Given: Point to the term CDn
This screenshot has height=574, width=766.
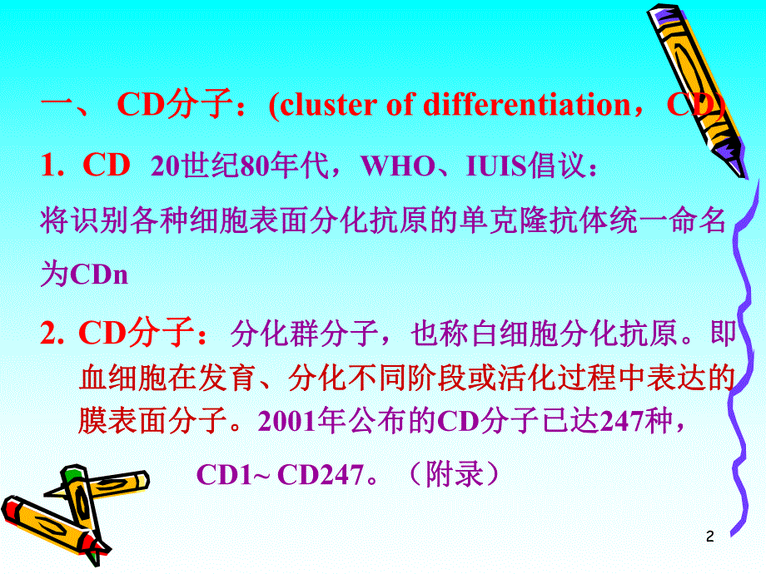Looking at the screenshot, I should (x=99, y=275).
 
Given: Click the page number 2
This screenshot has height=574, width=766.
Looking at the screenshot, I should (x=709, y=537).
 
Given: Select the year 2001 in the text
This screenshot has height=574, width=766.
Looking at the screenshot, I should (x=287, y=423).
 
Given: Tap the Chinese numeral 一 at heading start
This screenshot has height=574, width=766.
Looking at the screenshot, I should (x=59, y=106).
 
